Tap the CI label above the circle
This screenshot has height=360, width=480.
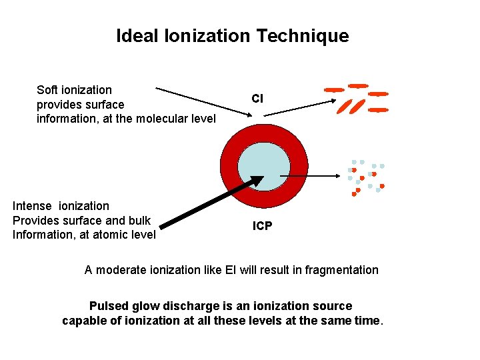(257, 99)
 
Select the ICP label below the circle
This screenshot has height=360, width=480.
(262, 226)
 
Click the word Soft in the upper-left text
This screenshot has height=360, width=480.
(47, 90)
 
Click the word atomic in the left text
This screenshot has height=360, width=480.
(108, 235)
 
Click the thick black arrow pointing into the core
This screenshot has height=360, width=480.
(207, 202)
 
